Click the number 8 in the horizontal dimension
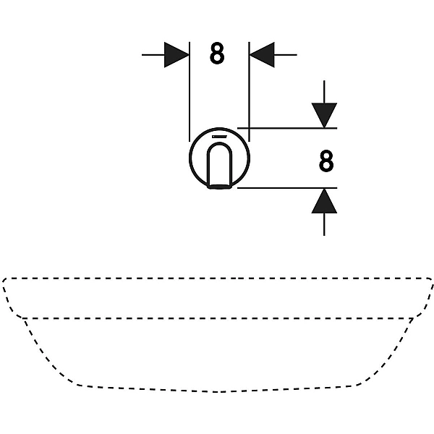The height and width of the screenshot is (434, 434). (x=217, y=54)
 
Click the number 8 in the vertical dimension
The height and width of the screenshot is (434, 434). (x=326, y=161)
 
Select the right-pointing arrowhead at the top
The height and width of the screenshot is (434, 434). (x=176, y=55)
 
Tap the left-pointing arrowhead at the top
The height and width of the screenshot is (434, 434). (x=262, y=55)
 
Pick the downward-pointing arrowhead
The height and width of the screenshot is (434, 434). (x=324, y=116)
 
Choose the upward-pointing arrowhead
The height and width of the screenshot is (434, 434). (x=324, y=201)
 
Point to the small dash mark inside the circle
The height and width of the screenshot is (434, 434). (x=219, y=137)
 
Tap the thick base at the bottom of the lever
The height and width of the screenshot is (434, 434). (x=219, y=187)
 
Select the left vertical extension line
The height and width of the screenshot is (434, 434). (x=190, y=92)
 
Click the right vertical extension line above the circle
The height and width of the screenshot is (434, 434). (x=249, y=92)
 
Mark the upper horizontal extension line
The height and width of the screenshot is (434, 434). (x=287, y=128)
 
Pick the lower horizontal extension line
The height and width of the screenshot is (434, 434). (x=287, y=188)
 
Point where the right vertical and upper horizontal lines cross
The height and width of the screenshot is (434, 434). (x=249, y=128)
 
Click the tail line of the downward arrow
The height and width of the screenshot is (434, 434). (x=324, y=92)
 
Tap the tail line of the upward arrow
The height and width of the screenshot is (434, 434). (x=324, y=224)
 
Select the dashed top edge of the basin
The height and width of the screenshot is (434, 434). (x=217, y=278)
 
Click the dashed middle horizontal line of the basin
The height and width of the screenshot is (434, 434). (x=218, y=318)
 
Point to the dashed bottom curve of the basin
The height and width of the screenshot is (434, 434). (x=218, y=391)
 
